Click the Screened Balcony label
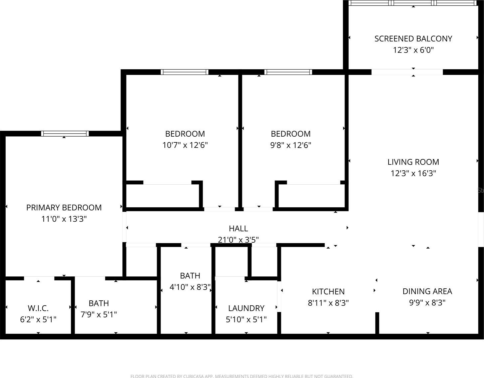tap(413, 39)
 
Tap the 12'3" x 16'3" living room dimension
tap(413, 173)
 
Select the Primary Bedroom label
tap(64, 208)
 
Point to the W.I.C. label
tap(38, 308)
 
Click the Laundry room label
tap(246, 308)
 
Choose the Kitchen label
tap(328, 292)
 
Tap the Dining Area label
tap(427, 291)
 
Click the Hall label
tap(238, 228)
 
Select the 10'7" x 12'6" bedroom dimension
tap(185, 145)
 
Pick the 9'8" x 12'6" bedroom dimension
tap(291, 145)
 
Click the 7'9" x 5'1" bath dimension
tap(99, 315)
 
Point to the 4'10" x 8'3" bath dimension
tap(190, 287)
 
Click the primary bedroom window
tap(65, 133)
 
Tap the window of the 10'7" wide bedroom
tap(184, 72)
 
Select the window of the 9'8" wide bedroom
tap(288, 72)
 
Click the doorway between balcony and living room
tap(407, 72)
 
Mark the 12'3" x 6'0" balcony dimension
tap(413, 50)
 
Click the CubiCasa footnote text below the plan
tap(241, 376)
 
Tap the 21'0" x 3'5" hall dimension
tap(238, 240)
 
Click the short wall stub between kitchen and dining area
tap(377, 323)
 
